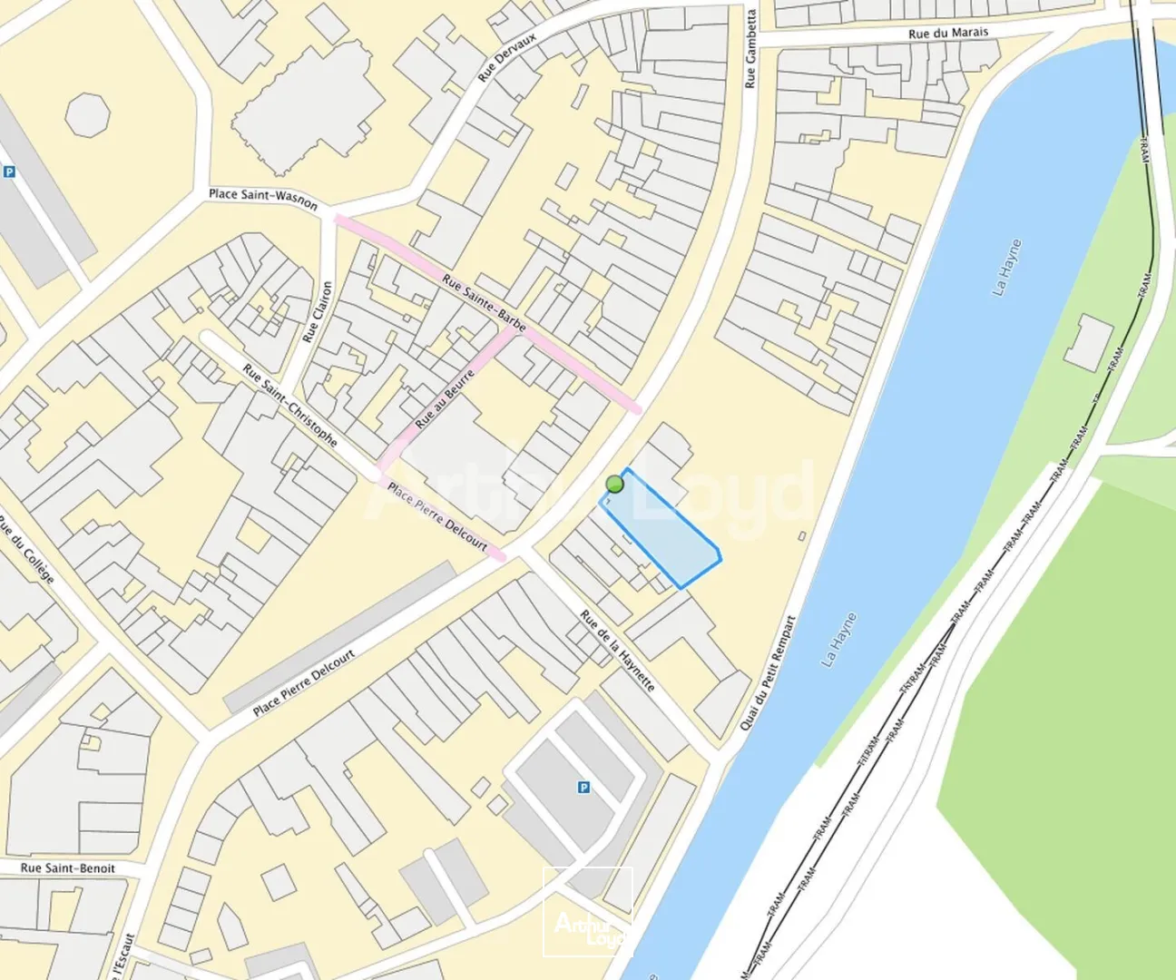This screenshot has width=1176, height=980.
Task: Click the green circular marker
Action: pyautogui.click(x=615, y=484)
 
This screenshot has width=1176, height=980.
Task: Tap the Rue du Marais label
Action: pyautogui.click(x=947, y=33)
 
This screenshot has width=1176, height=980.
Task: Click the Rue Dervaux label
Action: pyautogui.click(x=507, y=58)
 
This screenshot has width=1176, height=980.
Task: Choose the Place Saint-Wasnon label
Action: pyautogui.click(x=263, y=198)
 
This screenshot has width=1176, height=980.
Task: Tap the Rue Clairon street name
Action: pyautogui.click(x=318, y=311)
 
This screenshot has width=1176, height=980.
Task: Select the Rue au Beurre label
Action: pyautogui.click(x=445, y=399)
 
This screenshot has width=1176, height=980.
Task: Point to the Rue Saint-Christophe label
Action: pyautogui.click(x=290, y=405)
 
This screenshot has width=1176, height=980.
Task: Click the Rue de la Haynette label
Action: pyautogui.click(x=617, y=651)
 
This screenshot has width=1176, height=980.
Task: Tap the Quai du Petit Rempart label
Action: pyautogui.click(x=769, y=672)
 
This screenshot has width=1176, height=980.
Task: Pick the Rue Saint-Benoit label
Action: pyautogui.click(x=68, y=868)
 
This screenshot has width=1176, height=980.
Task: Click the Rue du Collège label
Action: pyautogui.click(x=27, y=550)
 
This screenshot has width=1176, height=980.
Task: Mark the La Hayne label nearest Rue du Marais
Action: pyautogui.click(x=1006, y=268)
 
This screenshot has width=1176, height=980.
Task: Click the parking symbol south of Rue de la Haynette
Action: pyautogui.click(x=583, y=788)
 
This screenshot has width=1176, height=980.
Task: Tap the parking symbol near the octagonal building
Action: pyautogui.click(x=9, y=171)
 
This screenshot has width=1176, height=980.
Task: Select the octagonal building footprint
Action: pyautogui.click(x=88, y=114)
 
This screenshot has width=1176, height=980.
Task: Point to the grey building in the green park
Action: pyautogui.click(x=1089, y=343)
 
